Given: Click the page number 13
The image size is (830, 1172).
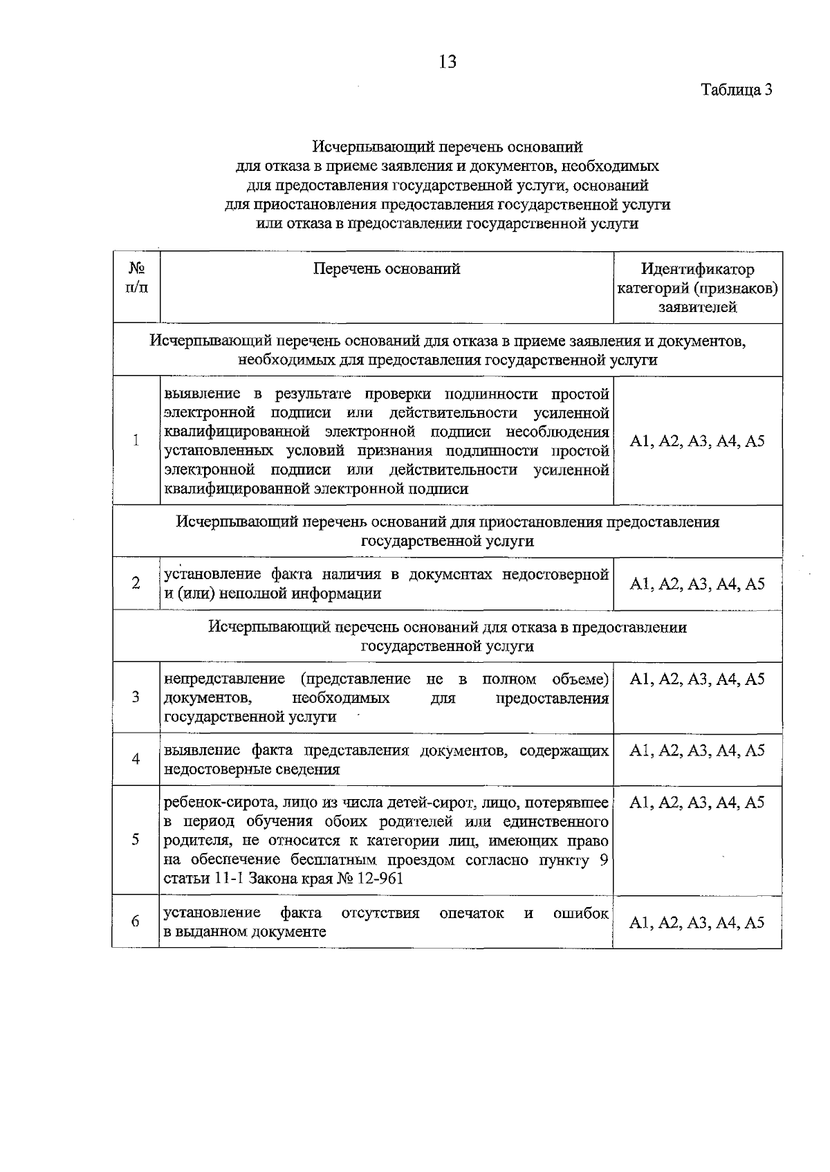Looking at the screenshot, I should coord(448,62).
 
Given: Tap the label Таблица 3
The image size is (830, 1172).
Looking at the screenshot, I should coord(736,89).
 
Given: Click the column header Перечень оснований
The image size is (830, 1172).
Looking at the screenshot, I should coord(387,269).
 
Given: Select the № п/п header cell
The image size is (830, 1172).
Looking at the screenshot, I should coord(136,277).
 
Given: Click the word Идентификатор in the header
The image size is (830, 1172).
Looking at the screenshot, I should coord(697,269).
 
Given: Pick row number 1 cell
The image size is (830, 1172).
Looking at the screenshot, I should coord(136,441).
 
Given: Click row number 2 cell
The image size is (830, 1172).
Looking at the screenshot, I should coord(136,583).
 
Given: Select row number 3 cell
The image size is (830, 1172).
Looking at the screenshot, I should coord(136,697).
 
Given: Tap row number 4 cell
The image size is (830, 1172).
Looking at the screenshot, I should coord(136,759).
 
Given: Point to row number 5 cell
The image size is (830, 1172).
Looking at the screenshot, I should coord(136,839).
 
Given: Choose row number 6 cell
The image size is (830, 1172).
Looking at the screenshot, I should coord(136,922).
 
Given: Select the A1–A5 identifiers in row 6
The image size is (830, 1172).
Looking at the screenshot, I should coord(697,922).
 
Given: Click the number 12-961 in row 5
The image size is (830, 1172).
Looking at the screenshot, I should coord(377,879).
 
